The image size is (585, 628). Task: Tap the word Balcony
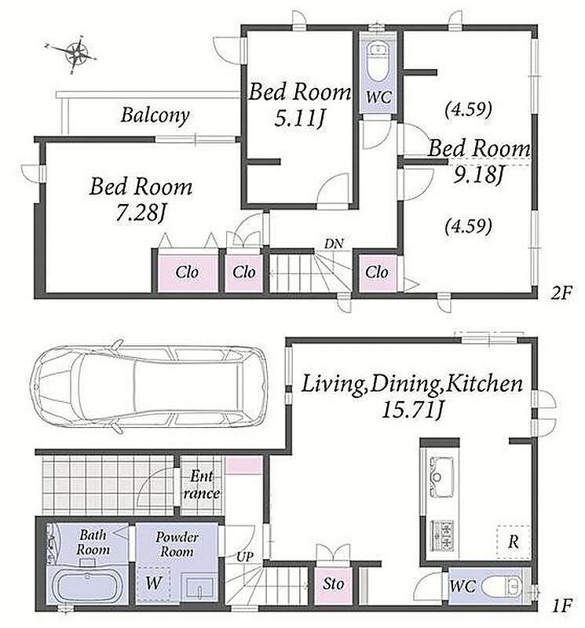[x=155, y=115]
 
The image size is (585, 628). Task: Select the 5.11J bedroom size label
[x=299, y=119]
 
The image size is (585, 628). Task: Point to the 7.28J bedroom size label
[x=141, y=214]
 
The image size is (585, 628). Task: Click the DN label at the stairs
[x=334, y=243]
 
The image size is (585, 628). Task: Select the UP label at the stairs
[x=245, y=557]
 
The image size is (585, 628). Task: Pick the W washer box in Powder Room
[x=153, y=583]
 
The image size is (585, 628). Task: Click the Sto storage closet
[x=333, y=585]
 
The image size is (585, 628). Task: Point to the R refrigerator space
[x=514, y=542]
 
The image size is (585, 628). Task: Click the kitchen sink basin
[x=441, y=476]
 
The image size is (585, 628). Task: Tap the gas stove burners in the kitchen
[x=442, y=535]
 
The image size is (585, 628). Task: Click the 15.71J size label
[x=412, y=410]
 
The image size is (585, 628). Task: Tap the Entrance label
[x=203, y=484]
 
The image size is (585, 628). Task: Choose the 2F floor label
[x=561, y=294]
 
